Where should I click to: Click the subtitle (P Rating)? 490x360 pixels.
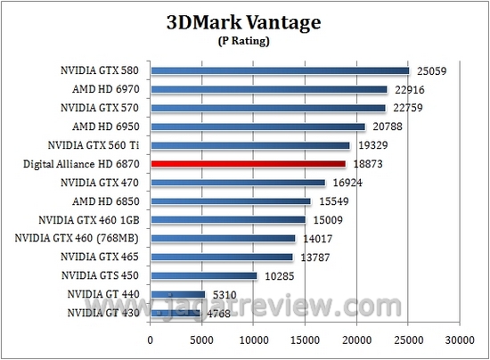click(x=244, y=41)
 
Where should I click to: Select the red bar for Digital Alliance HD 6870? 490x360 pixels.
click(x=249, y=164)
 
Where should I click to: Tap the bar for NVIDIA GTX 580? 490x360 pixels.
click(x=280, y=70)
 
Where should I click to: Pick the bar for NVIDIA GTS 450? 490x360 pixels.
click(x=204, y=275)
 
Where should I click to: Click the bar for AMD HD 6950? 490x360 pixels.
click(x=258, y=127)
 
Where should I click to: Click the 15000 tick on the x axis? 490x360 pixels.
click(x=306, y=340)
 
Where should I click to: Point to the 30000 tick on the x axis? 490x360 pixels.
click(x=460, y=340)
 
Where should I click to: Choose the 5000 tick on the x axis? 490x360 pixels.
click(x=202, y=340)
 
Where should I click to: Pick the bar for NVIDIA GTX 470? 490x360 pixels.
click(x=238, y=183)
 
